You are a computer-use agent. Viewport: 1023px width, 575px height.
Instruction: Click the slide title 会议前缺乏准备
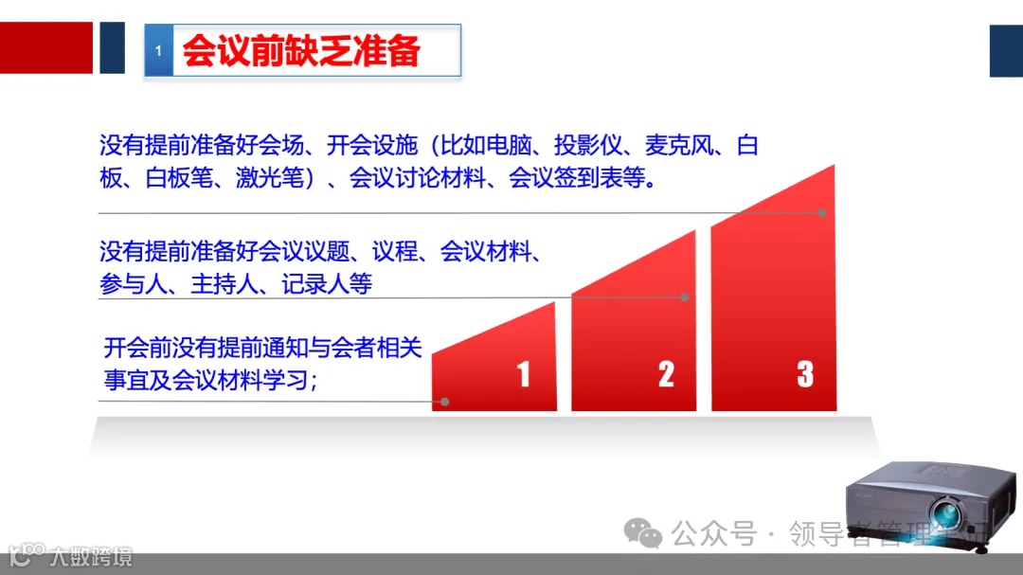coord(301,51)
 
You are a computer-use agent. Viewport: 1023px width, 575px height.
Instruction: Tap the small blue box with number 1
coord(157,51)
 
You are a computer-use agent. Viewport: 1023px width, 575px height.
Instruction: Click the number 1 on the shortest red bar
coord(523,374)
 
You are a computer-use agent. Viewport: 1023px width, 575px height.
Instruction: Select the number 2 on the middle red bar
coord(666,374)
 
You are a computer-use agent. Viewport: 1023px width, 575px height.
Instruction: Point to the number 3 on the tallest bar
coord(805,374)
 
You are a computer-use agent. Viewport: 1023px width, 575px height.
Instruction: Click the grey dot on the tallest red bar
coord(822,213)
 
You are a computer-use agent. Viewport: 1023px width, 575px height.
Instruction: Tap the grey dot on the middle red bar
coord(685,297)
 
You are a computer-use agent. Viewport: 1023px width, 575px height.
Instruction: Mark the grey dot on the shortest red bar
coord(444,402)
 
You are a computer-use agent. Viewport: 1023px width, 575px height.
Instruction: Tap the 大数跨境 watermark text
coord(92,556)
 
